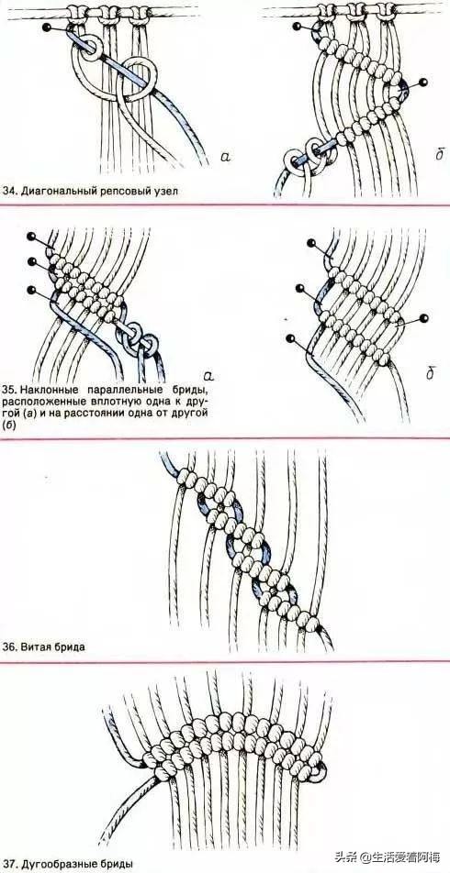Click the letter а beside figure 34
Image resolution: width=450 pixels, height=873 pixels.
pos(224,157)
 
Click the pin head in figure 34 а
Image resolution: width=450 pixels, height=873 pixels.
pos(46,26)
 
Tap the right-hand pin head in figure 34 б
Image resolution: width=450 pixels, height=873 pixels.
pos(424,83)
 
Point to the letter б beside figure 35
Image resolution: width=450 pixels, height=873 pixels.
pos(430,372)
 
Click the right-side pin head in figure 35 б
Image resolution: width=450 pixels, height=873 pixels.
pos(423,318)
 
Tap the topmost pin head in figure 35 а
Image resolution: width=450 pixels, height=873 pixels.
pos(30,237)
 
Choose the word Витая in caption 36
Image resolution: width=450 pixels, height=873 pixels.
pos(33,647)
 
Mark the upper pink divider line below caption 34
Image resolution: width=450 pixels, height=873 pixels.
pos(225,205)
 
